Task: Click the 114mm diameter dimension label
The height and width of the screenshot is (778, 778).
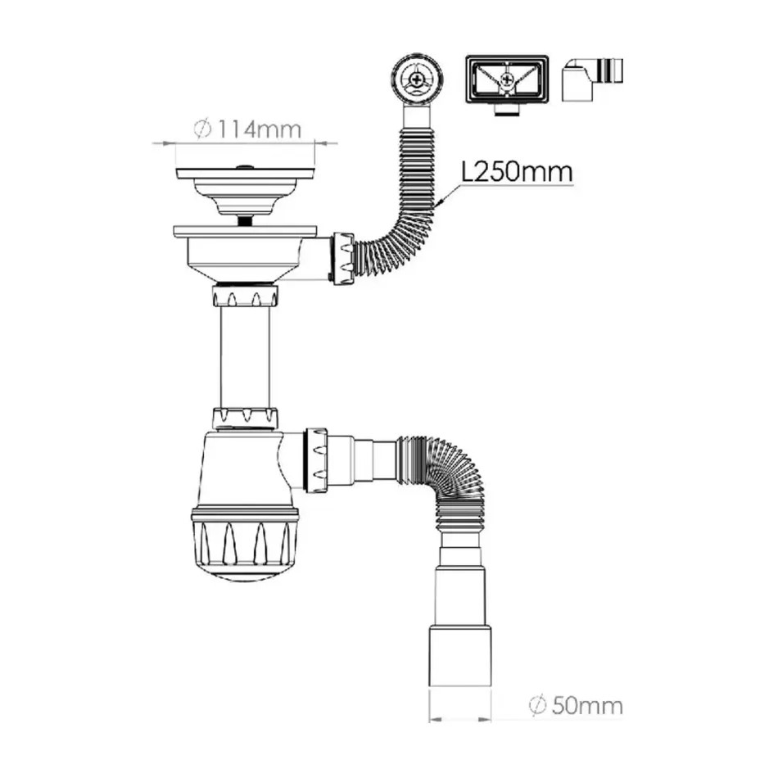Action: (x=247, y=129)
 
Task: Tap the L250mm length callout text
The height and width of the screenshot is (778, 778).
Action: (x=517, y=172)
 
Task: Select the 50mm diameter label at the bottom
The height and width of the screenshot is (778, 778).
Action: (x=576, y=705)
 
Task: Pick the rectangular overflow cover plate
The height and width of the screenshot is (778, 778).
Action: (x=507, y=79)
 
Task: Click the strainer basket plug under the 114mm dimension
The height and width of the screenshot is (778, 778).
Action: (x=245, y=192)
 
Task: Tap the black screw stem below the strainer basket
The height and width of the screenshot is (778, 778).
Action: (x=244, y=221)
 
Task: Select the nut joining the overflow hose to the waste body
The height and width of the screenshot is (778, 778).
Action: (x=343, y=259)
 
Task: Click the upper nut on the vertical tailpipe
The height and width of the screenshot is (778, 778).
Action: (x=245, y=296)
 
